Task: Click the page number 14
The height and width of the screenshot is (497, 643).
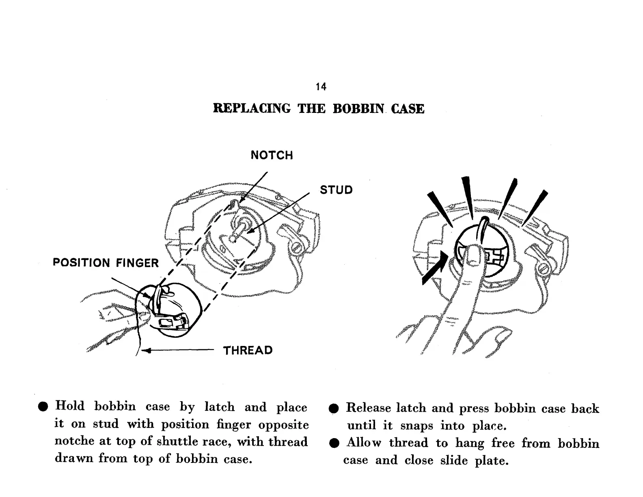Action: click(x=321, y=86)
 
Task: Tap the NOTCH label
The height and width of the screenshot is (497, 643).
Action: click(x=272, y=155)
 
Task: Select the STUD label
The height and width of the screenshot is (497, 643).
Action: click(x=336, y=190)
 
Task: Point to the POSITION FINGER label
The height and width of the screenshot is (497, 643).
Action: click(x=106, y=263)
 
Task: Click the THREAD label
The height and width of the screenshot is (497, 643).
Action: click(x=248, y=350)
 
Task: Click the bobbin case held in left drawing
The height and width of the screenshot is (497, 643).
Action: click(x=175, y=309)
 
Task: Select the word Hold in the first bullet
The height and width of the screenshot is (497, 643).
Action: click(x=70, y=406)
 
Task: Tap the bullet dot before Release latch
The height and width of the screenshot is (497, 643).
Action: click(x=334, y=409)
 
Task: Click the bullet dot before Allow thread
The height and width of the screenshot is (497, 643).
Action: click(x=334, y=443)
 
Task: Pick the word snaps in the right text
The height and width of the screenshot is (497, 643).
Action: click(x=416, y=426)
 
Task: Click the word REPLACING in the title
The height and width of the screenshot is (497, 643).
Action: click(x=252, y=109)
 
